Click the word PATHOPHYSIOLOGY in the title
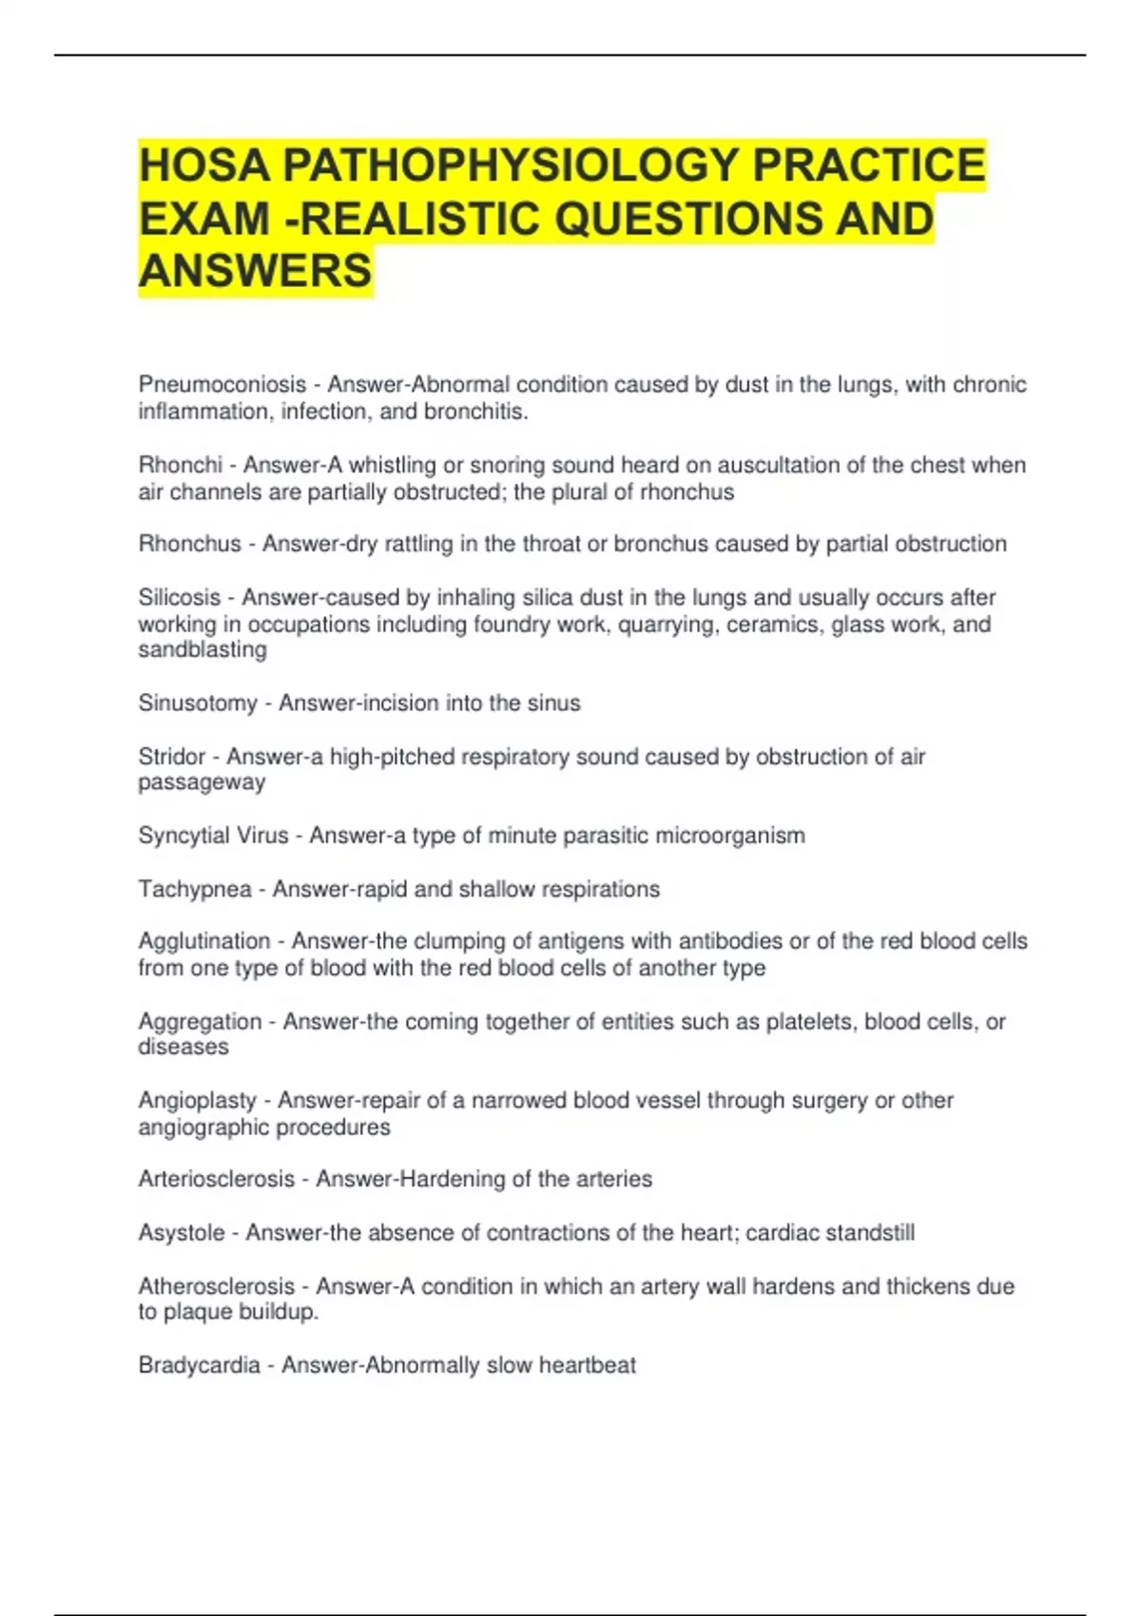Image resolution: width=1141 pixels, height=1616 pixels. [511, 165]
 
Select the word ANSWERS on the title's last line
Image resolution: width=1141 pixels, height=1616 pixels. [255, 271]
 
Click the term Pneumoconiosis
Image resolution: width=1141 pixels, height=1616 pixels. [222, 385]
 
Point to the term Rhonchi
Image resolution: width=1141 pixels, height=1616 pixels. [180, 465]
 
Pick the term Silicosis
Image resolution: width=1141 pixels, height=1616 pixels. [179, 598]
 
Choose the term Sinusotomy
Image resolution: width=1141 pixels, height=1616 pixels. [198, 703]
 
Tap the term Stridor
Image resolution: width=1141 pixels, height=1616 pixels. [172, 757]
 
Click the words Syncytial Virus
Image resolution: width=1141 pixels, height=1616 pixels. [213, 836]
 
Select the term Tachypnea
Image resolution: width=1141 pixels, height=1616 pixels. [195, 889]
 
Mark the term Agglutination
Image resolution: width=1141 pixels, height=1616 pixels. [204, 941]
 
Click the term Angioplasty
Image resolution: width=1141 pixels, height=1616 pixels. [197, 1101]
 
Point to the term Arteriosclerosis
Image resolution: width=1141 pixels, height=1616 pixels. [216, 1180]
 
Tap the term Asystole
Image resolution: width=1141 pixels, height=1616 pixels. [182, 1233]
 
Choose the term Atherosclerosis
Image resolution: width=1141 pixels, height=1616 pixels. [216, 1286]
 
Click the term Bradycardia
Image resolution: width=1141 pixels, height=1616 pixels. [199, 1366]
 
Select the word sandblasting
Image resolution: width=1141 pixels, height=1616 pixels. [203, 650]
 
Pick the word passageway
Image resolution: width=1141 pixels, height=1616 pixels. [202, 782]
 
